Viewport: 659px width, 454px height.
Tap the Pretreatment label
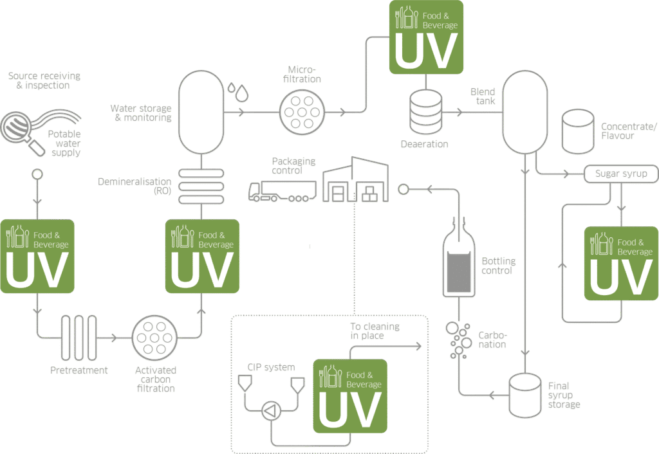[79, 370]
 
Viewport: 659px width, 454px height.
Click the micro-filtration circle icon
[302, 111]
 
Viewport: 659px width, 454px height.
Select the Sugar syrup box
[620, 174]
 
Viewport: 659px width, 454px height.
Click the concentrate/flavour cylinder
[577, 131]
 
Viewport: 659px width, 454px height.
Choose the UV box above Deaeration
[426, 37]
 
